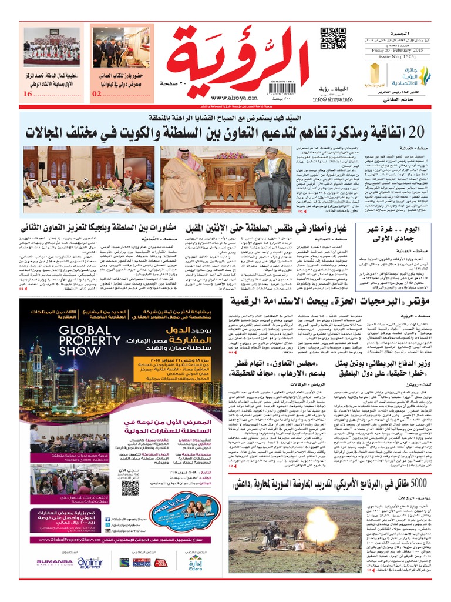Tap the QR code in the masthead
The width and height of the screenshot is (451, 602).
coord(332,39)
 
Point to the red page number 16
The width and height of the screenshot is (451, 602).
coord(28,94)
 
